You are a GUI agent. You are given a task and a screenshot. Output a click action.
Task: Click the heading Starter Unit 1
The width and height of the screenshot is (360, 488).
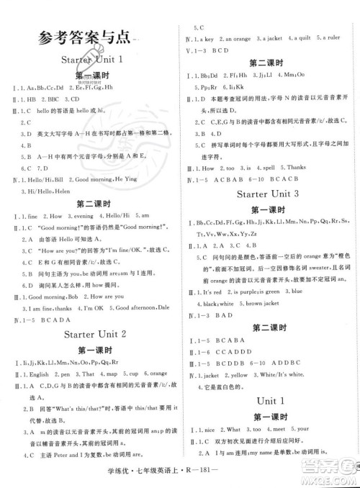click(93, 58)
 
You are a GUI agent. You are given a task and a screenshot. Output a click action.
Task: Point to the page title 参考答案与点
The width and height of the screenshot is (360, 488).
click(85, 36)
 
